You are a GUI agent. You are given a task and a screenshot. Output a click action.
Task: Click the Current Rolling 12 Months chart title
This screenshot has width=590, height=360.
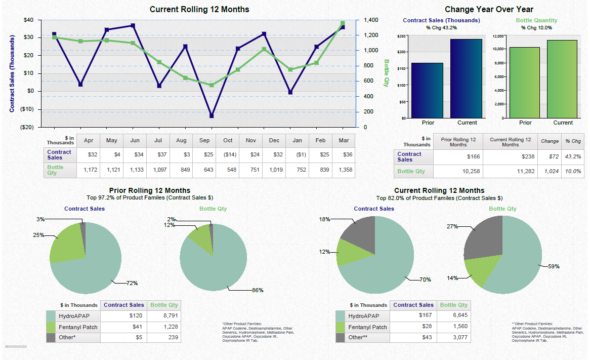pyautogui.click(x=199, y=9)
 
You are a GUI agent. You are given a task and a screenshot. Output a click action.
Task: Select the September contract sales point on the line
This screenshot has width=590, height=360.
pyautogui.click(x=212, y=116)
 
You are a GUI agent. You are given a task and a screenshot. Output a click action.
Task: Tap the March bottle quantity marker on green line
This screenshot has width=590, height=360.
pyautogui.click(x=343, y=23)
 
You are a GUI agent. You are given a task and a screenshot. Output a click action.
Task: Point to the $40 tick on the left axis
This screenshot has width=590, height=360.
pyautogui.click(x=29, y=20)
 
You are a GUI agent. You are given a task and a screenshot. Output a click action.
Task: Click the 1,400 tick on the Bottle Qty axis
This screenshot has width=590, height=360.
pyautogui.click(x=370, y=20)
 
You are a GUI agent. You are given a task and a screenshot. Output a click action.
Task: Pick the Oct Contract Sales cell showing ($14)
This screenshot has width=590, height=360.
pyautogui.click(x=228, y=154)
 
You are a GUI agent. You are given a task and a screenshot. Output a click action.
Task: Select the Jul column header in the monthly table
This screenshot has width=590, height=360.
pyautogui.click(x=158, y=140)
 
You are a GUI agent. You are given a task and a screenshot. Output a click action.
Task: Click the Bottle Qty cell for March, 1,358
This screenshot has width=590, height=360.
pyautogui.click(x=344, y=170)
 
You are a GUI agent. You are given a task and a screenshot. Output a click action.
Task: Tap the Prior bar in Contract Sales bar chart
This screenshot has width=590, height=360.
pyautogui.click(x=427, y=91)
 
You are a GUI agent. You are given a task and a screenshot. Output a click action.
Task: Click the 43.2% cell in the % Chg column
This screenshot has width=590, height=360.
pyautogui.click(x=573, y=156)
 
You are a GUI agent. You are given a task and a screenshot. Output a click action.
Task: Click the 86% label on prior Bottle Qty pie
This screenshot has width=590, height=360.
pyautogui.click(x=258, y=290)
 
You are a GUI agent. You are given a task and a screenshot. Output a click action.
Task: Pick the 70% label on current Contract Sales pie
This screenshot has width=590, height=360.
pyautogui.click(x=425, y=279)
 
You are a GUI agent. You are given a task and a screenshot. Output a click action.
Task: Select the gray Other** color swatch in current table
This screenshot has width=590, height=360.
pyautogui.click(x=341, y=337)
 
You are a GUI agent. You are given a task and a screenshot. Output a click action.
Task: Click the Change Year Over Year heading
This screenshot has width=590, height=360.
pyautogui.click(x=489, y=9)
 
